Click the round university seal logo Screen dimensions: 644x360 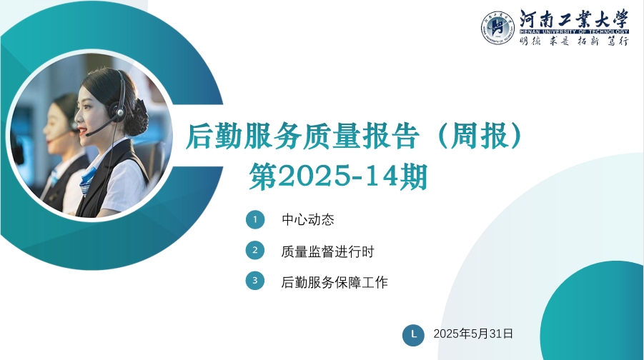point(497,28)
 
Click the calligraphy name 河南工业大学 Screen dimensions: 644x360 point(574,19)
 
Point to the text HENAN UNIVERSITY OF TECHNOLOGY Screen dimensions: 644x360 point(574,31)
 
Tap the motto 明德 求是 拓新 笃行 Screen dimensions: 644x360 point(574,41)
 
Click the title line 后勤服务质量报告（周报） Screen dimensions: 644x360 point(354,136)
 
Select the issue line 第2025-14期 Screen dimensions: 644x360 point(338,177)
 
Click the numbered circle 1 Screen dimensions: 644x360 point(255,219)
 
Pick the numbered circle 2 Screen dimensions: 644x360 point(255,250)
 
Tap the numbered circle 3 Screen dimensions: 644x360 point(255,281)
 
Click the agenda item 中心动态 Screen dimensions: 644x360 point(307,219)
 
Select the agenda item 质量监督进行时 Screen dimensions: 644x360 point(327,251)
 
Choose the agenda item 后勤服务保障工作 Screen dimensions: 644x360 point(335,282)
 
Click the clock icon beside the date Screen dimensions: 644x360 point(413,335)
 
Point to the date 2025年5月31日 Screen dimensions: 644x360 point(473,334)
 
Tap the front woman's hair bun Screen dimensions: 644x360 point(137,117)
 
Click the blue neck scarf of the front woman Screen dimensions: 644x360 point(89,179)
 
